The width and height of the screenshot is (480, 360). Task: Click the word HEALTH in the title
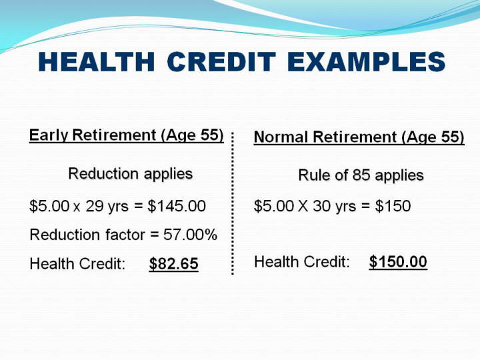[x=97, y=62]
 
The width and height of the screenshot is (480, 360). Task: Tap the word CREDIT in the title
[x=221, y=62]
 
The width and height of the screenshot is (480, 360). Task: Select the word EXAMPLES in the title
[x=366, y=62]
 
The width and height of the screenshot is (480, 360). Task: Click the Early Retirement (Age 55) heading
[x=127, y=135]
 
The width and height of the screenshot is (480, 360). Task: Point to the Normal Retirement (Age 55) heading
[x=359, y=137]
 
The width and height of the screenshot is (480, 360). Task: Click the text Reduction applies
[x=131, y=174]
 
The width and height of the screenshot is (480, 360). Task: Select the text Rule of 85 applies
[x=361, y=175]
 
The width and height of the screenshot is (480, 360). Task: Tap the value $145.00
[x=177, y=206]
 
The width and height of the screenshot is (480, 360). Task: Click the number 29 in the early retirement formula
[x=95, y=206]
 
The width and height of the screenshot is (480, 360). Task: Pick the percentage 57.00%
[x=190, y=235]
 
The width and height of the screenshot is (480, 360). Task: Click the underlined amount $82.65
[x=173, y=264]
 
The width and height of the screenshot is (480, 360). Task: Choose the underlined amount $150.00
[x=397, y=262]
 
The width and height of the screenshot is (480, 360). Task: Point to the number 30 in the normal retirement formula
[x=322, y=206]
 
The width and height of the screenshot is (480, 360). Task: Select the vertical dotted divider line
[x=233, y=203]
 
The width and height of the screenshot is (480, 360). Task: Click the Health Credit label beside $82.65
[x=77, y=264]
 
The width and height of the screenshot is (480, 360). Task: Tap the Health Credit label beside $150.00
[x=302, y=262]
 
